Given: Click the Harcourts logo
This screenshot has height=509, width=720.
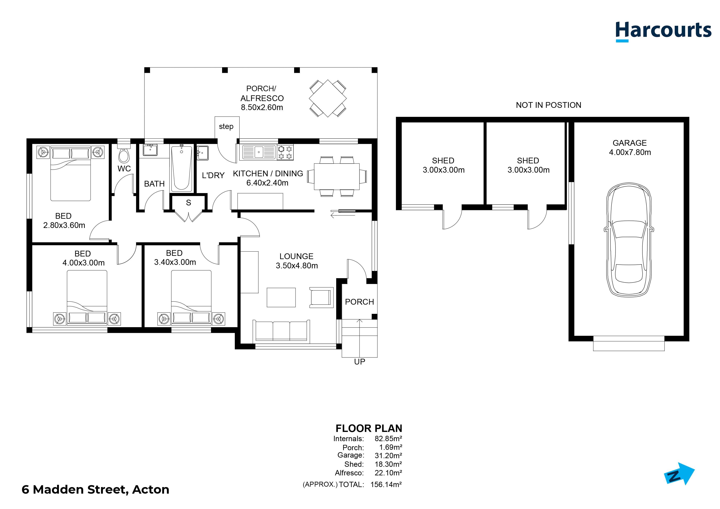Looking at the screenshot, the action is coord(663,32).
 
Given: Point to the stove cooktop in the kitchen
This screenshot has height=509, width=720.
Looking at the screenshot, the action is coord(285,152).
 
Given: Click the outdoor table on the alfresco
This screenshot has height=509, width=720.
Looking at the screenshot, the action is coord(328,98).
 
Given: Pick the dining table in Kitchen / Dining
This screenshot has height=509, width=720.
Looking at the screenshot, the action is coord(337,176).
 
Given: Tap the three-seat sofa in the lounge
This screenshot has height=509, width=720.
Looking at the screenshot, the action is coord(281,330).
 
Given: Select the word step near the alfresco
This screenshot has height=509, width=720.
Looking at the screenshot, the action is coord(226,126).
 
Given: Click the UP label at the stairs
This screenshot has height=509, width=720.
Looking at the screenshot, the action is coord(360,362).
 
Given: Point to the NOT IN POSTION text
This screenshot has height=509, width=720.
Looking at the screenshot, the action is coord(548,105).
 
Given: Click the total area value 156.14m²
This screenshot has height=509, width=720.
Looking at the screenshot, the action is coord(386,485).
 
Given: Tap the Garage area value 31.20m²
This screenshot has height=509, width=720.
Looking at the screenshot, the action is coord(388,455).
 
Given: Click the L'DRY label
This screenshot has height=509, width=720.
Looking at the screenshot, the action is coord(213,175).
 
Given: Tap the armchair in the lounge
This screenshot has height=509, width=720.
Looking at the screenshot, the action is coord(321,297).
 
